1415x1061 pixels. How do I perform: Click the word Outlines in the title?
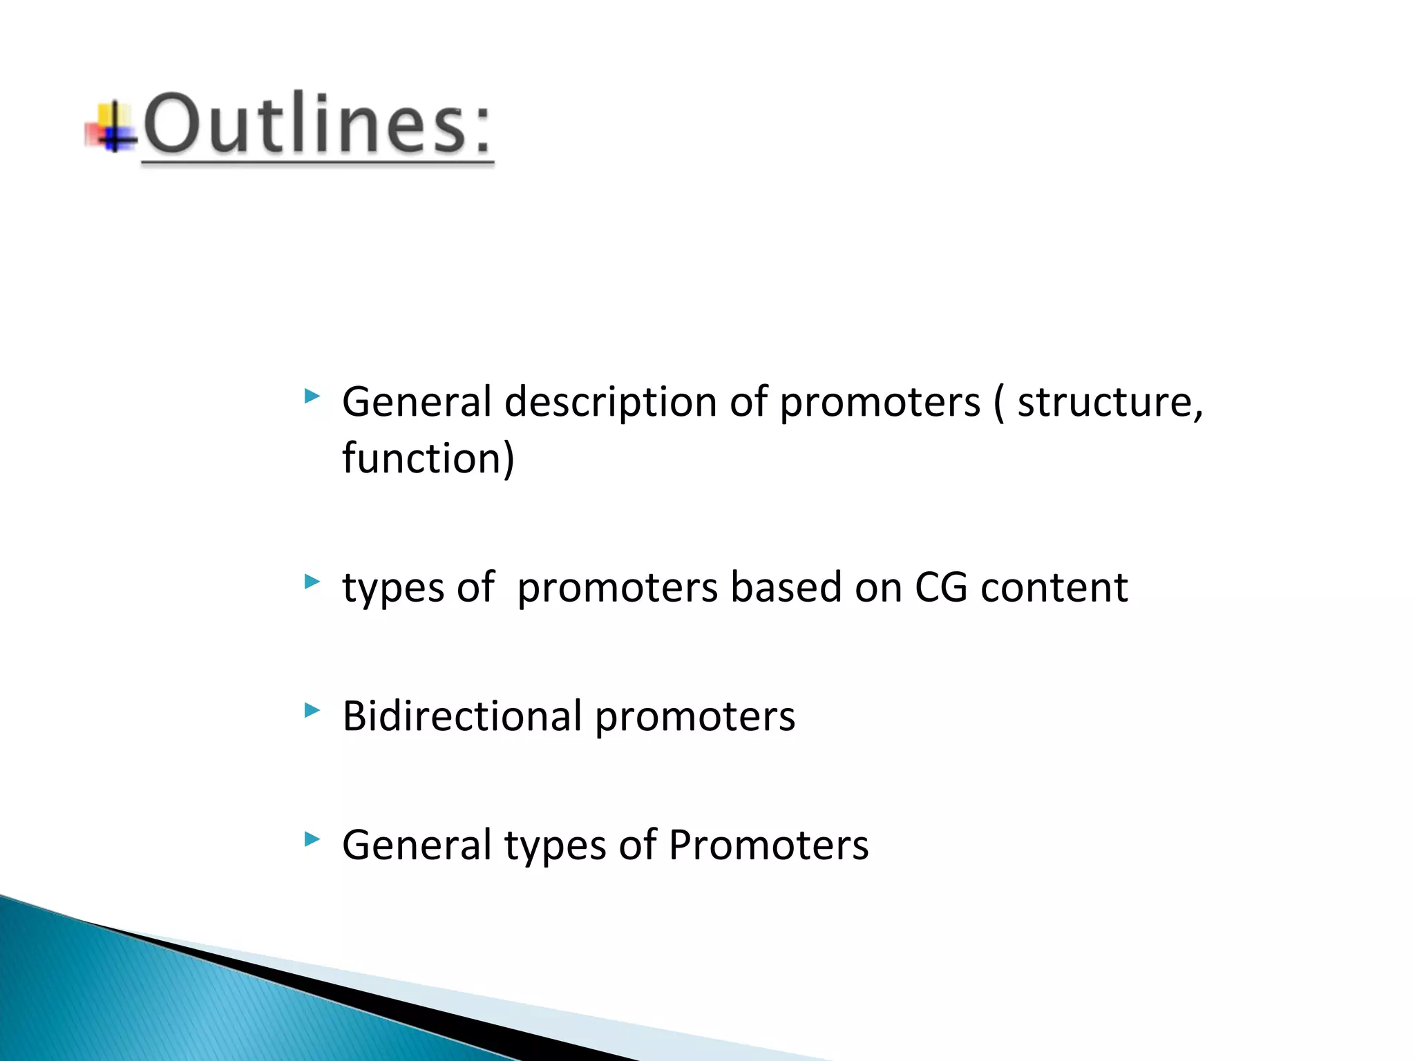(304, 124)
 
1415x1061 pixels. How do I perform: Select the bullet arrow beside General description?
(312, 396)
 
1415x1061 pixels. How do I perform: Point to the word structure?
(1110, 403)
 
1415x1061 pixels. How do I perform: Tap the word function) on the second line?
(428, 459)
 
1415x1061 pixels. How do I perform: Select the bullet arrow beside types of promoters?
(312, 582)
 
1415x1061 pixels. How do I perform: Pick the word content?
(1054, 588)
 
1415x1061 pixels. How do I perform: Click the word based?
(786, 588)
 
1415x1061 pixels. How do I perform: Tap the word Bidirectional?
(462, 716)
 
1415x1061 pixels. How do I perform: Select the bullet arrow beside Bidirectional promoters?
(312, 710)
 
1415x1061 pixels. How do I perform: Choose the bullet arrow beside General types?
(312, 839)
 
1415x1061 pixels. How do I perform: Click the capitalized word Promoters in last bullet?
(768, 845)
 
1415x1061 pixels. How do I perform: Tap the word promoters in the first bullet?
(880, 403)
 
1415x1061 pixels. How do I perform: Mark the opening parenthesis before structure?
(999, 403)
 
